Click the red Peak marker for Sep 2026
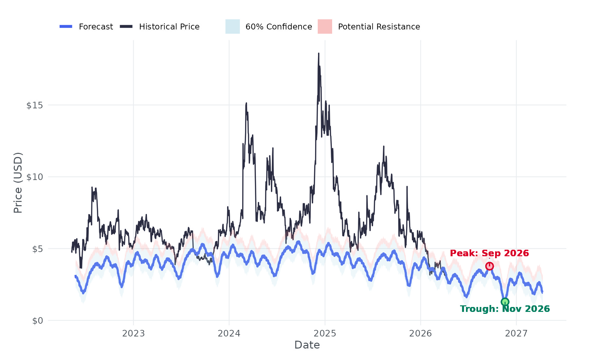click(x=489, y=266)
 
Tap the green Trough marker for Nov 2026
click(x=505, y=302)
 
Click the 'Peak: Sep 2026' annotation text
click(x=489, y=253)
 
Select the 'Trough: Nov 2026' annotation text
click(x=505, y=309)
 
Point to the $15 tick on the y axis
click(x=34, y=105)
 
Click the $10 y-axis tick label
click(x=34, y=177)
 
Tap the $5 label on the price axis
click(x=37, y=249)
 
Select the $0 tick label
click(x=37, y=320)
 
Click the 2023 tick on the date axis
click(x=133, y=333)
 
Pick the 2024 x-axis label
click(x=229, y=333)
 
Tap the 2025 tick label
click(x=325, y=333)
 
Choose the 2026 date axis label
click(x=420, y=333)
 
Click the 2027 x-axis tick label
click(x=516, y=333)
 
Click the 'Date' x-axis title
click(x=307, y=345)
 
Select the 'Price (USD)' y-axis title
click(x=18, y=183)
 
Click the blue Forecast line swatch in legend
click(x=66, y=27)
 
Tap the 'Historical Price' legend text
click(x=169, y=27)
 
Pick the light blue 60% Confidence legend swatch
click(x=233, y=27)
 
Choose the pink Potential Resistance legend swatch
click(x=325, y=27)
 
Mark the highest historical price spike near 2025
click(x=319, y=54)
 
